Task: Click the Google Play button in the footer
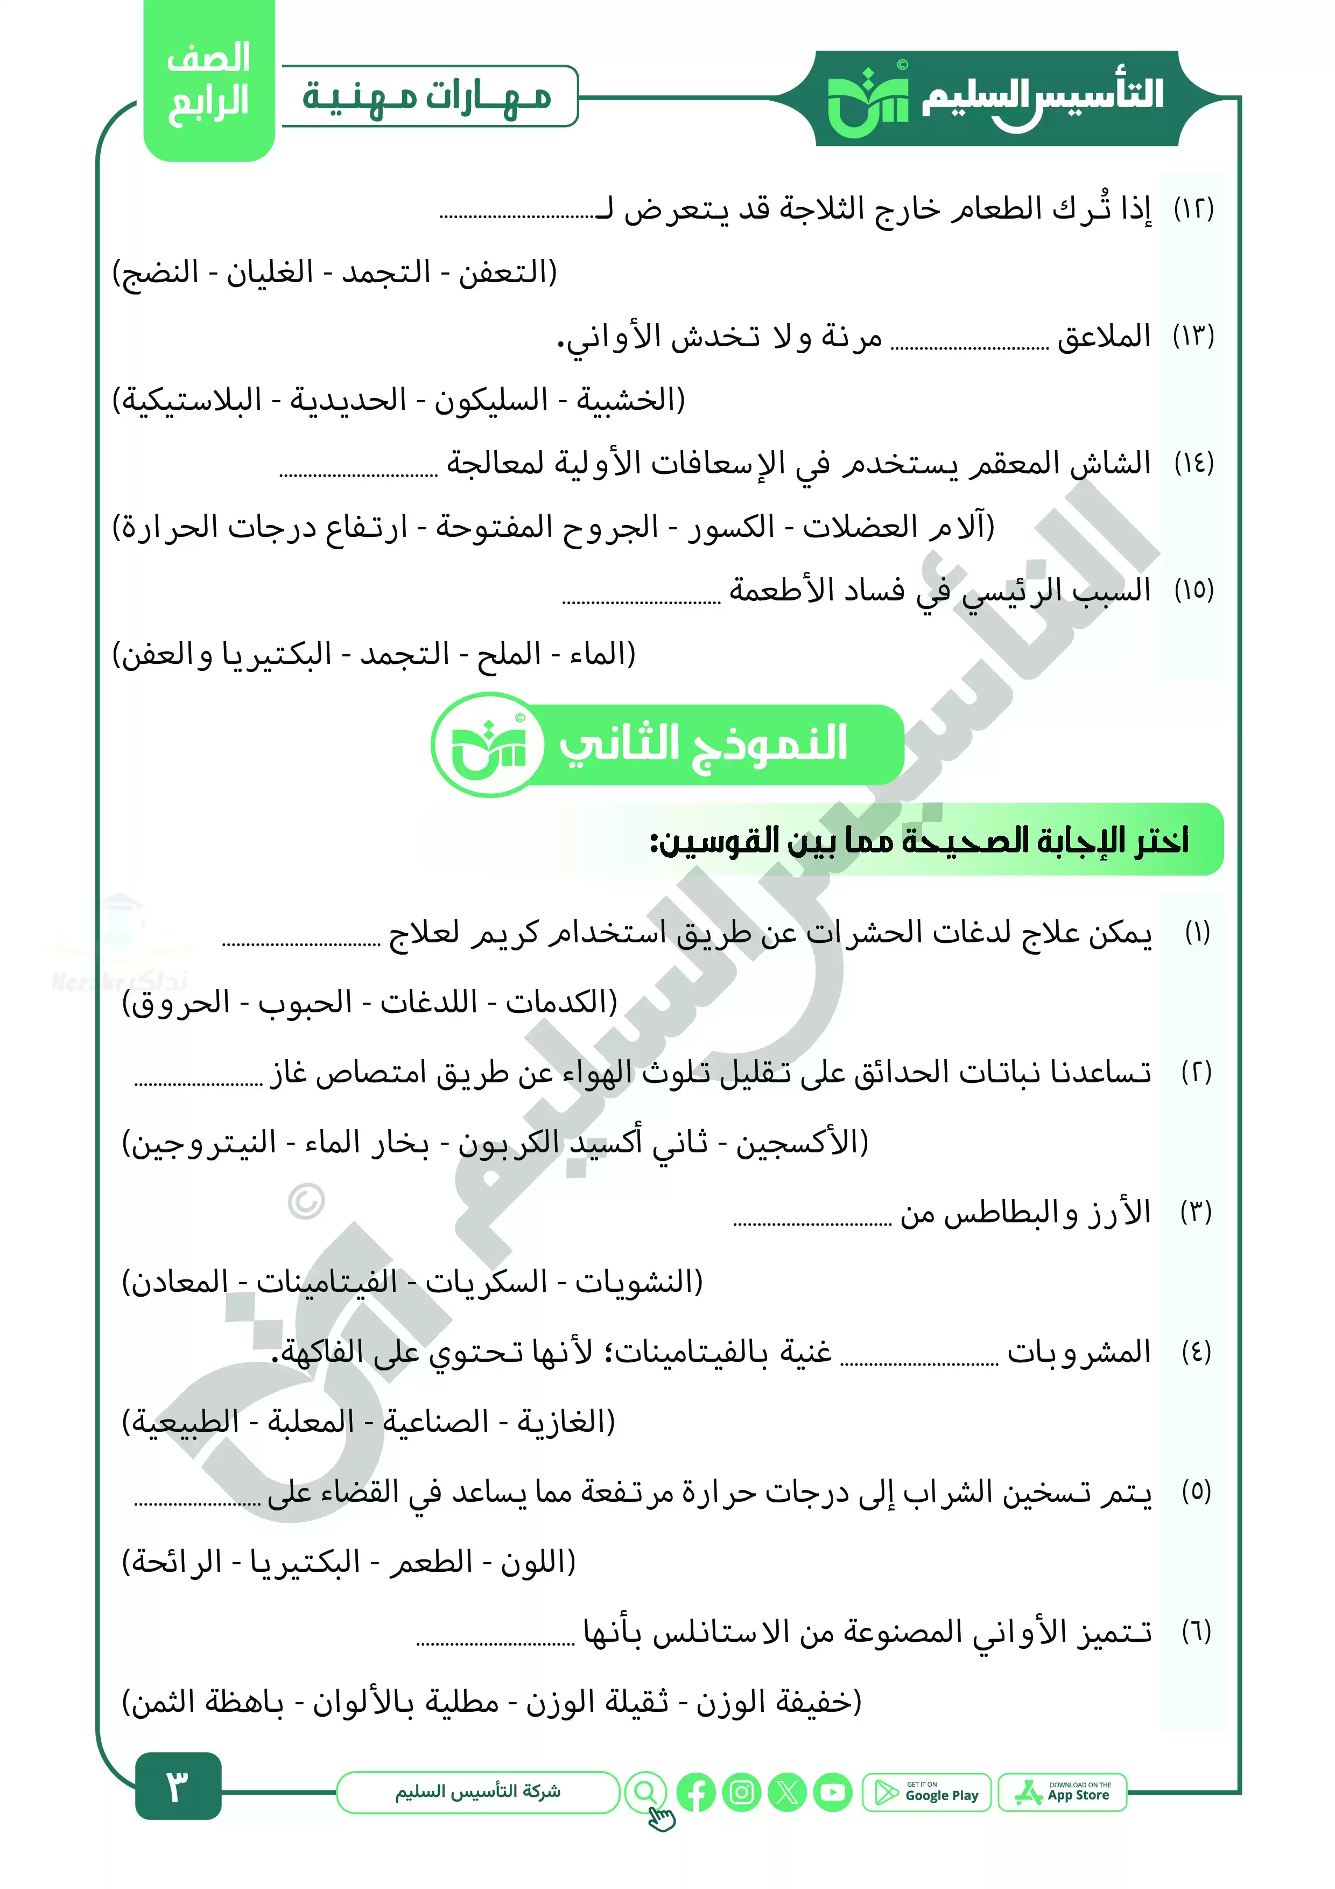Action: coord(926,1792)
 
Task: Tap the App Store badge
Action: coord(1062,1792)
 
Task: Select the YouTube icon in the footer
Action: coord(833,1792)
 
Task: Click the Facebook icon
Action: coord(696,1792)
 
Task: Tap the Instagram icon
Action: coord(742,1792)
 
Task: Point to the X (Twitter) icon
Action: coord(787,1792)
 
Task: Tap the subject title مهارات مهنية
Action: coord(428,97)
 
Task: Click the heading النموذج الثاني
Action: coord(702,744)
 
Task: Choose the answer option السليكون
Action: coord(491,401)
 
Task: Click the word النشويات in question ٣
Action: coord(639,1282)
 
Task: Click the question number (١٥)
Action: coord(1193,590)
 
